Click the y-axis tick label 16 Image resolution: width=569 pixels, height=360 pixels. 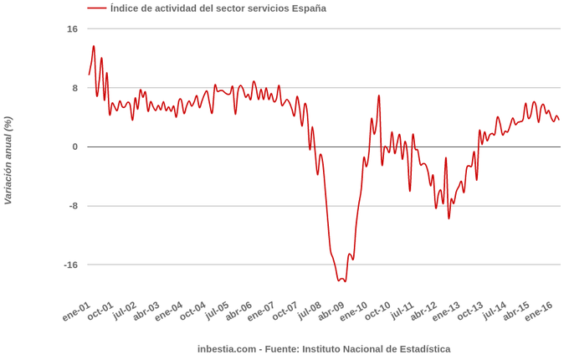(x=72, y=29)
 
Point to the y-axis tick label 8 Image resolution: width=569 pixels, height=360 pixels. (x=74, y=88)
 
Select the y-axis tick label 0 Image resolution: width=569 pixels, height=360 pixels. (x=74, y=147)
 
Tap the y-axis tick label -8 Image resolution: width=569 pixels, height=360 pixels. (x=72, y=206)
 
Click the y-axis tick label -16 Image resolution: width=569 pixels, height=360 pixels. (x=69, y=265)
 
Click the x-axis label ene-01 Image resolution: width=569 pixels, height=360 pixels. (x=77, y=311)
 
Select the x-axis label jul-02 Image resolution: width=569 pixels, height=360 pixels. (x=123, y=311)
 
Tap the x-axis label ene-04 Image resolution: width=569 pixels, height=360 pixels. (x=170, y=311)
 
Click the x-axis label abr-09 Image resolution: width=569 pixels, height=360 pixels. (x=331, y=311)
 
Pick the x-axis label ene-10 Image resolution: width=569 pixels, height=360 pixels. (x=354, y=311)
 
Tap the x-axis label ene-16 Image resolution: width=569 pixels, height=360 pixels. (x=538, y=311)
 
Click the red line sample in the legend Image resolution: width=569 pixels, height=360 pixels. (x=97, y=8)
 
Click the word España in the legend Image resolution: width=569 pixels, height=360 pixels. (x=308, y=8)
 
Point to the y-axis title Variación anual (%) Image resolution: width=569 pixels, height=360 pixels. (x=8, y=160)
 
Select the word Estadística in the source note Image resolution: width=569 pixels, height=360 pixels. (x=423, y=349)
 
